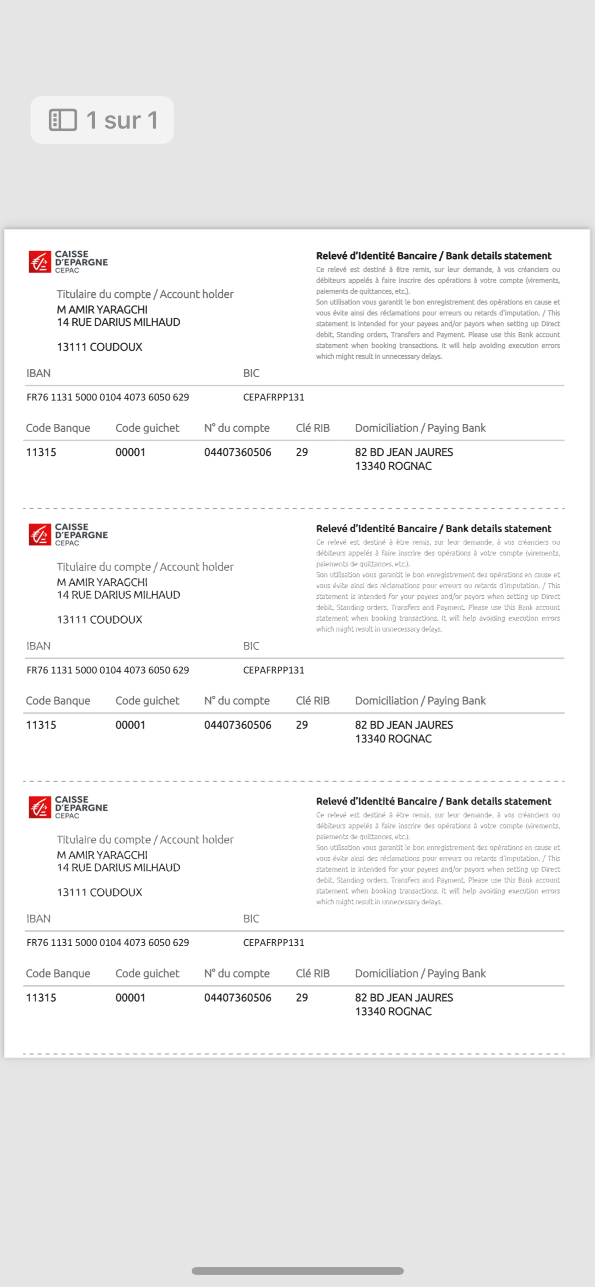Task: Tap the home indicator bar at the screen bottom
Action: [x=297, y=1271]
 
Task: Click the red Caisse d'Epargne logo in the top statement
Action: [x=40, y=262]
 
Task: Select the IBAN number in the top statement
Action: [x=107, y=397]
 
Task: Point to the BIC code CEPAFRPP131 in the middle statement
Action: [x=273, y=670]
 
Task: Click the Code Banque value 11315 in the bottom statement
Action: [x=41, y=998]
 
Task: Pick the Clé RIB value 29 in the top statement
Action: [x=301, y=452]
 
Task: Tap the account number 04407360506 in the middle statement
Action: [x=237, y=725]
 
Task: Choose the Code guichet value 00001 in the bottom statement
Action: [x=130, y=998]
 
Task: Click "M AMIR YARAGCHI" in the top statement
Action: [x=102, y=310]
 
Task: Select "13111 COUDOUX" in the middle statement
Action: [x=99, y=619]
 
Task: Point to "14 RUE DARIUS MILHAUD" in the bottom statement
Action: [x=118, y=867]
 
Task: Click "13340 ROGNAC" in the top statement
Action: [x=393, y=466]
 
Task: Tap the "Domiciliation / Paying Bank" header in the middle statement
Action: [x=420, y=701]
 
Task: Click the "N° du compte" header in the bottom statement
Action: [x=237, y=973]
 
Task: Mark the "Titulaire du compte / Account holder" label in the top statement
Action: [x=145, y=294]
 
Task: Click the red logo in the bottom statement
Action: [x=40, y=807]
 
